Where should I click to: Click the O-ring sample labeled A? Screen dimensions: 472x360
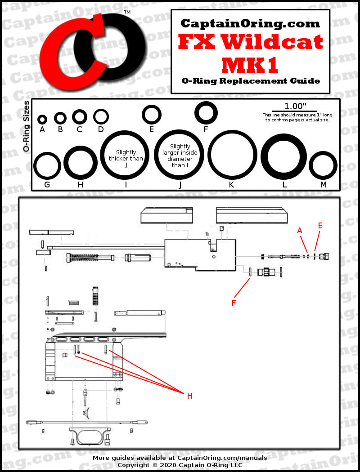(42, 119)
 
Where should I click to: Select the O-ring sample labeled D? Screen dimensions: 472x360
(101, 116)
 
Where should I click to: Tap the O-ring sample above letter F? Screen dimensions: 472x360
(206, 112)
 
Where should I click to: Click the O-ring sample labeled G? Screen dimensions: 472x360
(47, 166)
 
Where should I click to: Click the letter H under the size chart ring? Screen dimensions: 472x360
(81, 185)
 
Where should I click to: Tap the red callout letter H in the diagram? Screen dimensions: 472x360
(190, 396)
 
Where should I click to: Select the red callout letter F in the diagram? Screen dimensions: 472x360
(234, 303)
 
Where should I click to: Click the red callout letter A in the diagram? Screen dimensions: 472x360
(299, 231)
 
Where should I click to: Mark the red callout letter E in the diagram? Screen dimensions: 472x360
(320, 226)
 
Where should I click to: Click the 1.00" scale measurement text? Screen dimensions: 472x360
(295, 107)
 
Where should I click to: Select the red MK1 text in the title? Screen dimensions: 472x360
(250, 65)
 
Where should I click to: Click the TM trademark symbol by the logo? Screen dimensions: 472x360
(127, 13)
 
